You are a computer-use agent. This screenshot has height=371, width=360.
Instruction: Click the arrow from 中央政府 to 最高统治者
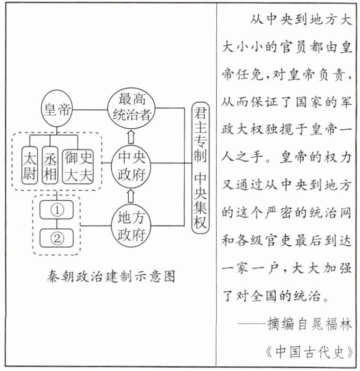coord(131,136)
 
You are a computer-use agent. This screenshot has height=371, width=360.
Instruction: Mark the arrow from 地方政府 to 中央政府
coord(131,196)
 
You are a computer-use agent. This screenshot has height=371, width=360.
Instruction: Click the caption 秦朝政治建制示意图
coord(111,276)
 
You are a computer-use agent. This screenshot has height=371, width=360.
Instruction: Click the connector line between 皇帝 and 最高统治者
coord(90,109)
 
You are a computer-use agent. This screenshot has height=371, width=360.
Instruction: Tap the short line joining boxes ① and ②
coord(57,224)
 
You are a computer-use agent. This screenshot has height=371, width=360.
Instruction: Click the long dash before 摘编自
coord(252,323)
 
